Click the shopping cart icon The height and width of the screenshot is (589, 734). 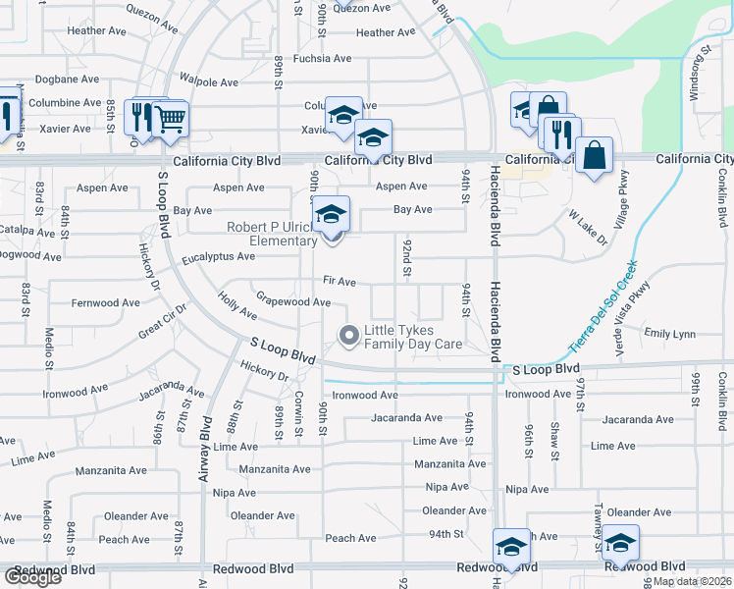(x=172, y=120)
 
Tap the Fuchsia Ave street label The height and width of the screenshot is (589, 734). (x=314, y=58)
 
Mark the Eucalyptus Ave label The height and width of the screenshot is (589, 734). (x=218, y=257)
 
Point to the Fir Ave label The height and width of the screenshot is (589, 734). (x=340, y=282)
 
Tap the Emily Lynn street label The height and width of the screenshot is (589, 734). (x=671, y=334)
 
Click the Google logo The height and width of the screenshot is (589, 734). (x=32, y=577)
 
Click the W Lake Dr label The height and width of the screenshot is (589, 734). (x=588, y=225)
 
